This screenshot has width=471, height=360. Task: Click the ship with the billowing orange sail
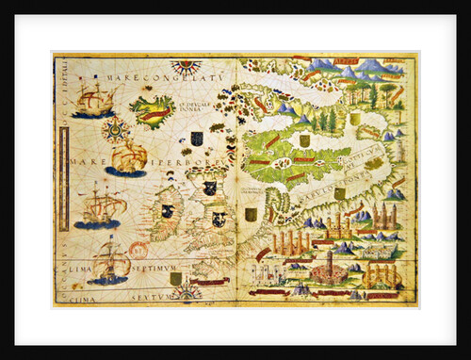pyautogui.click(x=127, y=157)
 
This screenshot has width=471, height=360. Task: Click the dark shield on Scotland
pyautogui.click(x=210, y=188)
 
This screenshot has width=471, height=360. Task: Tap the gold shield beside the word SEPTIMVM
pyautogui.click(x=175, y=278)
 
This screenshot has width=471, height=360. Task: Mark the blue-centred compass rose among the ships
pyautogui.click(x=117, y=128)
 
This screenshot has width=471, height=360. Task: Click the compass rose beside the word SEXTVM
pyautogui.click(x=186, y=293)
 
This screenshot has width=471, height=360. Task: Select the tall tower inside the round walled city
pyautogui.click(x=329, y=261)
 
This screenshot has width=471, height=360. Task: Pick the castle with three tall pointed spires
pyautogui.click(x=382, y=216)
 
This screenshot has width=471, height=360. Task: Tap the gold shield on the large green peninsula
pyautogui.click(x=304, y=140)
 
